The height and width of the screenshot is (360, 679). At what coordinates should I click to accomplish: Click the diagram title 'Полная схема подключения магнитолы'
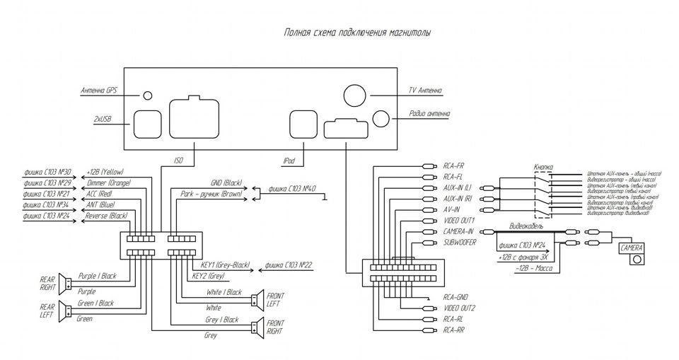pyautogui.click(x=356, y=33)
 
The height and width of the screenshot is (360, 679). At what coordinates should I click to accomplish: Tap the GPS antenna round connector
pyautogui.click(x=148, y=96)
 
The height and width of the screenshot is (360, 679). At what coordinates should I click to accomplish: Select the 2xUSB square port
pyautogui.click(x=147, y=123)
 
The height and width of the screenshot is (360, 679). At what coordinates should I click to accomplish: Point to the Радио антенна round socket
pyautogui.click(x=381, y=118)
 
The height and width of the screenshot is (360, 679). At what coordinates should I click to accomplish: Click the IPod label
pyautogui.click(x=288, y=161)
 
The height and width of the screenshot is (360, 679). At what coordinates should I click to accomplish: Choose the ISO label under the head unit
pyautogui.click(x=178, y=161)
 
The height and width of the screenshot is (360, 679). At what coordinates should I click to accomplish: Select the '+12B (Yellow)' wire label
pyautogui.click(x=105, y=172)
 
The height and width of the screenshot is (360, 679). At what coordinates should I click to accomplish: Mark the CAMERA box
pyautogui.click(x=632, y=249)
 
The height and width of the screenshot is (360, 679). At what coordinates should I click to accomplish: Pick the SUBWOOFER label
pyautogui.click(x=459, y=242)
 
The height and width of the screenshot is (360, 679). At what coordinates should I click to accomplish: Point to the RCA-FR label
pyautogui.click(x=453, y=166)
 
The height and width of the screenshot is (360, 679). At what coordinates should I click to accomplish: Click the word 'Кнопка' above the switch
pyautogui.click(x=542, y=167)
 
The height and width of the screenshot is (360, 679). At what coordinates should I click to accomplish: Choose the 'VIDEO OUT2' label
pyautogui.click(x=459, y=308)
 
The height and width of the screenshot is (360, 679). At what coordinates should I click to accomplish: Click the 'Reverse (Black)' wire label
pyautogui.click(x=106, y=215)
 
